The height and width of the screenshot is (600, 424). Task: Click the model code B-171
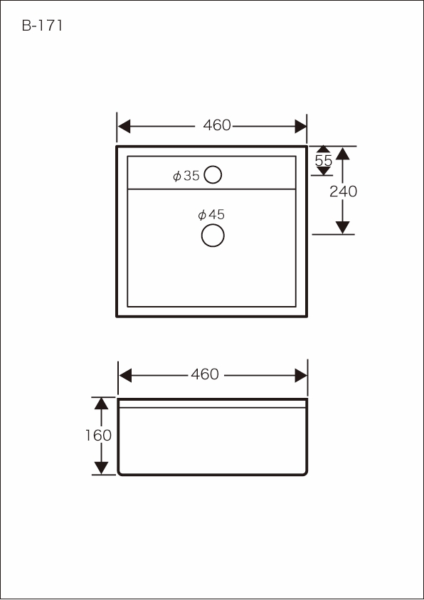[x=42, y=26]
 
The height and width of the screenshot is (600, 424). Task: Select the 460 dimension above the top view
[x=217, y=125]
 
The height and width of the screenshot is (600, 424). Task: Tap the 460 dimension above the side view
[x=205, y=374]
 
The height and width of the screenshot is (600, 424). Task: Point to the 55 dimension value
[x=324, y=161]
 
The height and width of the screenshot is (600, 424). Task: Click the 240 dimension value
[x=344, y=191]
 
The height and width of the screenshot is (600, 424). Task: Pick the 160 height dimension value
[x=98, y=436]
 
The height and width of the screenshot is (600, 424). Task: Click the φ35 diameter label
[x=186, y=176]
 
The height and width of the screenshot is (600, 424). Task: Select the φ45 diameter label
[x=211, y=215]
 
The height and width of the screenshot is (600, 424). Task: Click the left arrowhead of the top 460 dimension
[x=124, y=126]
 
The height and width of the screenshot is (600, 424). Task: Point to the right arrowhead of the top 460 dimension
[x=300, y=126]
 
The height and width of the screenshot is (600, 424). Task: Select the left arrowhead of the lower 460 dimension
[x=125, y=375]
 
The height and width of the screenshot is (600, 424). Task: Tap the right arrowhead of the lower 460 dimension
[x=301, y=375]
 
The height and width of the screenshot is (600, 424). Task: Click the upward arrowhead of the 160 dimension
[x=101, y=404]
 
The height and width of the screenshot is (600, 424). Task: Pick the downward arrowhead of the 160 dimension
[x=101, y=468]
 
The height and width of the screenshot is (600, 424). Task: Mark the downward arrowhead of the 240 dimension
[x=343, y=227]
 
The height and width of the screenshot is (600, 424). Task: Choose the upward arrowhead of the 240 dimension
[x=343, y=154]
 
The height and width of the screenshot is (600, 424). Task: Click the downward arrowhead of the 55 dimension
[x=324, y=171]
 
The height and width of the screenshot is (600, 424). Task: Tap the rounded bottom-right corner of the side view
[x=305, y=474]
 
